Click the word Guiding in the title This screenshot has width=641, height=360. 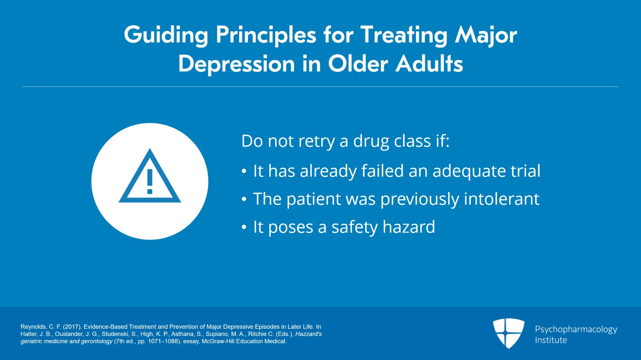pos(166,35)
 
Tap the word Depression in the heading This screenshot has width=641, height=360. pos(236,64)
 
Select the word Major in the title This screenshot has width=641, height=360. pos(486,35)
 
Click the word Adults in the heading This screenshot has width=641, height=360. pos(429,64)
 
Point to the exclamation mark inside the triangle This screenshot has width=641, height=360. pos(150,181)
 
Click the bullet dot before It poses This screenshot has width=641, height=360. pos(244,227)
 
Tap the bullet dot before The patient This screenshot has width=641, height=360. pos(244,199)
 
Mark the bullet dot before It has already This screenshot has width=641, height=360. pos(244,171)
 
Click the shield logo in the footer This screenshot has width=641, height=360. pos(508,333)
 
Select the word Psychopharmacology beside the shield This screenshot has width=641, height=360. pos(576,330)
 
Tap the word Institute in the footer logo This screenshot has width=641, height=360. pos(551,340)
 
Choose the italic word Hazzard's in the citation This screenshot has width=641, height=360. pos(308,334)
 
